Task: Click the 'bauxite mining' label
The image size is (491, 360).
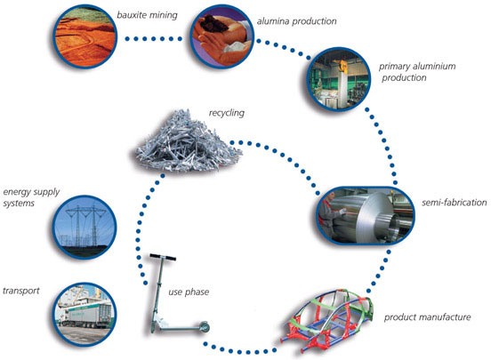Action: click(147, 15)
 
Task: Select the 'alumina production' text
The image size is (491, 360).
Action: click(296, 21)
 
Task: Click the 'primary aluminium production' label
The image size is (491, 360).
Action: click(417, 72)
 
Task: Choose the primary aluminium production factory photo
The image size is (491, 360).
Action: click(339, 79)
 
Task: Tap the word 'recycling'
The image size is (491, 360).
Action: click(227, 113)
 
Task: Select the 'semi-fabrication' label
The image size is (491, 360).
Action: click(454, 203)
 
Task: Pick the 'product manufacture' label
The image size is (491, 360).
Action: click(428, 317)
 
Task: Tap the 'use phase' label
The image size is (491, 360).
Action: click(189, 292)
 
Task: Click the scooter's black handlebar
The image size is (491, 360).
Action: click(163, 257)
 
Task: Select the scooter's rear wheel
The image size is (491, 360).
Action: click(205, 327)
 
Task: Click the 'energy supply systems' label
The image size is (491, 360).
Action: click(31, 197)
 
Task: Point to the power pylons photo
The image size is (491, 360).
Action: click(85, 228)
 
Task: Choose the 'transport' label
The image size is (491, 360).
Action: click(21, 291)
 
